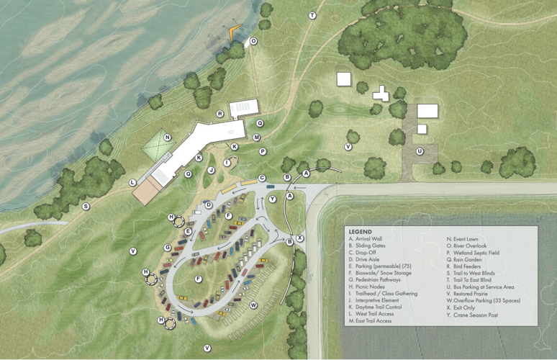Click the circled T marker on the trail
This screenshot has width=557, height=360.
tap(312, 15)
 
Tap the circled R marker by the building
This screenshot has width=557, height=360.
tap(220, 114)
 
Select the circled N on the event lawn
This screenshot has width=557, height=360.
tap(167, 138)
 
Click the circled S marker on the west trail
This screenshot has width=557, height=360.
tap(86, 207)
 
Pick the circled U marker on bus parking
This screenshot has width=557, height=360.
tap(419, 151)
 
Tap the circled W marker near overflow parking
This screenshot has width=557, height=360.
tap(253, 305)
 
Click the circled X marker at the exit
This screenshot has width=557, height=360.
tap(300, 238)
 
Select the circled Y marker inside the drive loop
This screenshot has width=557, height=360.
tap(272, 199)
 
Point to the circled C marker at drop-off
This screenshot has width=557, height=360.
tap(262, 178)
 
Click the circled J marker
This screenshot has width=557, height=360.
tap(212, 170)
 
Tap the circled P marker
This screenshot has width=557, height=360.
tap(263, 151)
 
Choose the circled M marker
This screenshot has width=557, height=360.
tap(257, 137)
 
